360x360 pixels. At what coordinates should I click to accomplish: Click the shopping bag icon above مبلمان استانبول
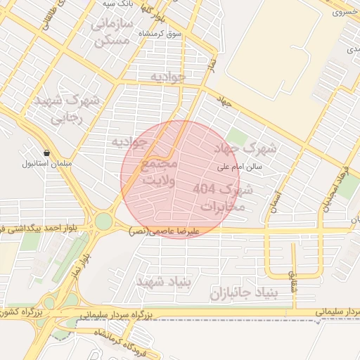[x=46, y=153]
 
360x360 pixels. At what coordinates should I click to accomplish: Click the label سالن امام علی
[x=238, y=167]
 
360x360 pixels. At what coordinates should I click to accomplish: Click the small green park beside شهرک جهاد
[x=236, y=137]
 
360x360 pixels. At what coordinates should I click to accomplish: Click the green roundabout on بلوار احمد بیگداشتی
[x=103, y=222]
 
